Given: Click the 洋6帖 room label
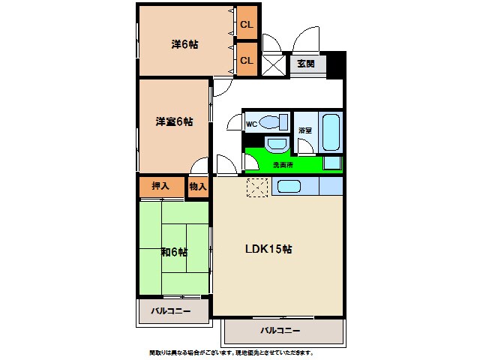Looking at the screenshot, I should [184, 44].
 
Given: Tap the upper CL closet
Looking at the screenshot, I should [247, 25].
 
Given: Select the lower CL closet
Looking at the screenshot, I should [247, 60].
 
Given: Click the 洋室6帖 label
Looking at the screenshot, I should [174, 121].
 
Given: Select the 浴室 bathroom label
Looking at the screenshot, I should [304, 130].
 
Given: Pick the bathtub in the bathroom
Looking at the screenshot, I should [331, 133].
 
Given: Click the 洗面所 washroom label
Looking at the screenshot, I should [283, 164].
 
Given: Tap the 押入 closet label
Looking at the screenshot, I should [160, 186].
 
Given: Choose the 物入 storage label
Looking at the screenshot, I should [197, 186].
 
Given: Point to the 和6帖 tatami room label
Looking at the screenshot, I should [174, 251].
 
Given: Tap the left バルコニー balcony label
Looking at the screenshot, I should [171, 310].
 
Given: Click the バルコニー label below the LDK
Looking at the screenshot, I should [280, 330].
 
